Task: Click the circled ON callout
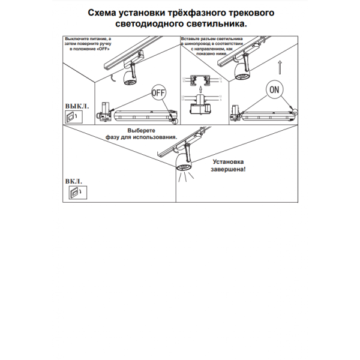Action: pyautogui.click(x=275, y=90)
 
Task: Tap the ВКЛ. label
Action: pyautogui.click(x=74, y=181)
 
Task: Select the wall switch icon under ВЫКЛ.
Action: pyautogui.click(x=72, y=116)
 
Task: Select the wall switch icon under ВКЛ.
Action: pyautogui.click(x=74, y=192)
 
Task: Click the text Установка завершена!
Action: pyautogui.click(x=229, y=166)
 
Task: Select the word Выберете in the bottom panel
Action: pyautogui.click(x=142, y=131)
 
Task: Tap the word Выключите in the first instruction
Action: pyautogui.click(x=77, y=38)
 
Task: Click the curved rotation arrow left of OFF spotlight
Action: pyautogui.click(x=112, y=78)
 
